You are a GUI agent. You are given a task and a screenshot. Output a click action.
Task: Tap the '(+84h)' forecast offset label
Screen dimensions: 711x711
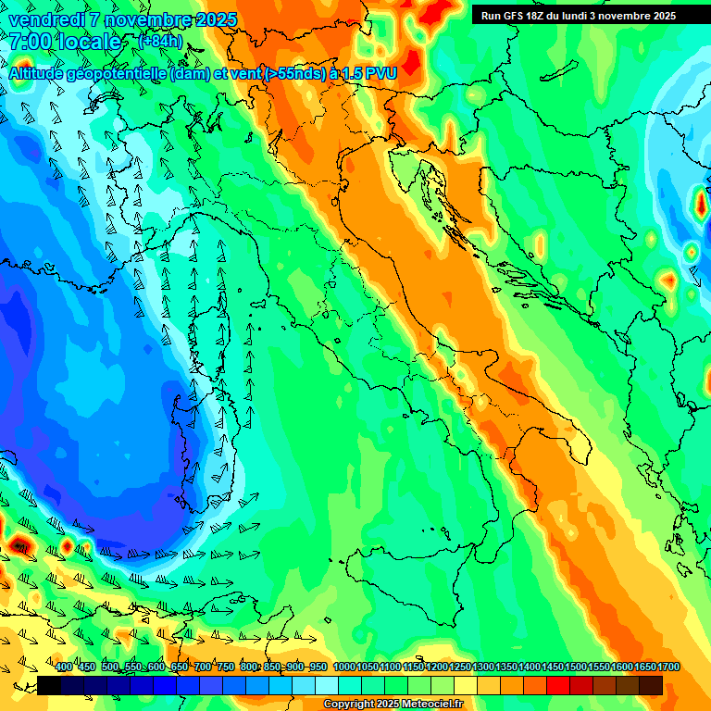[x=160, y=42]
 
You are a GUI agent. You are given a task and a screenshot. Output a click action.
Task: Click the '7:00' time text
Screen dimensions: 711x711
[x=30, y=42]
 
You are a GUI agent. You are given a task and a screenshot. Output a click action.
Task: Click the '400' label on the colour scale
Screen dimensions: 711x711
[x=64, y=667]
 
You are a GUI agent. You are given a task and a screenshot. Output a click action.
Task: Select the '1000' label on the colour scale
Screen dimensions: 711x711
[x=343, y=667]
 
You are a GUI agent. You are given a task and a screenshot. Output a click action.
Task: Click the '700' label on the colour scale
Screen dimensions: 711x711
[x=203, y=667]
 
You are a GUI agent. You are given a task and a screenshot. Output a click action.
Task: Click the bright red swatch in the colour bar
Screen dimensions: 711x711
[x=558, y=685]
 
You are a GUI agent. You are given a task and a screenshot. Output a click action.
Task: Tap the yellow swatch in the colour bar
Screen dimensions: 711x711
[x=466, y=685]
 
